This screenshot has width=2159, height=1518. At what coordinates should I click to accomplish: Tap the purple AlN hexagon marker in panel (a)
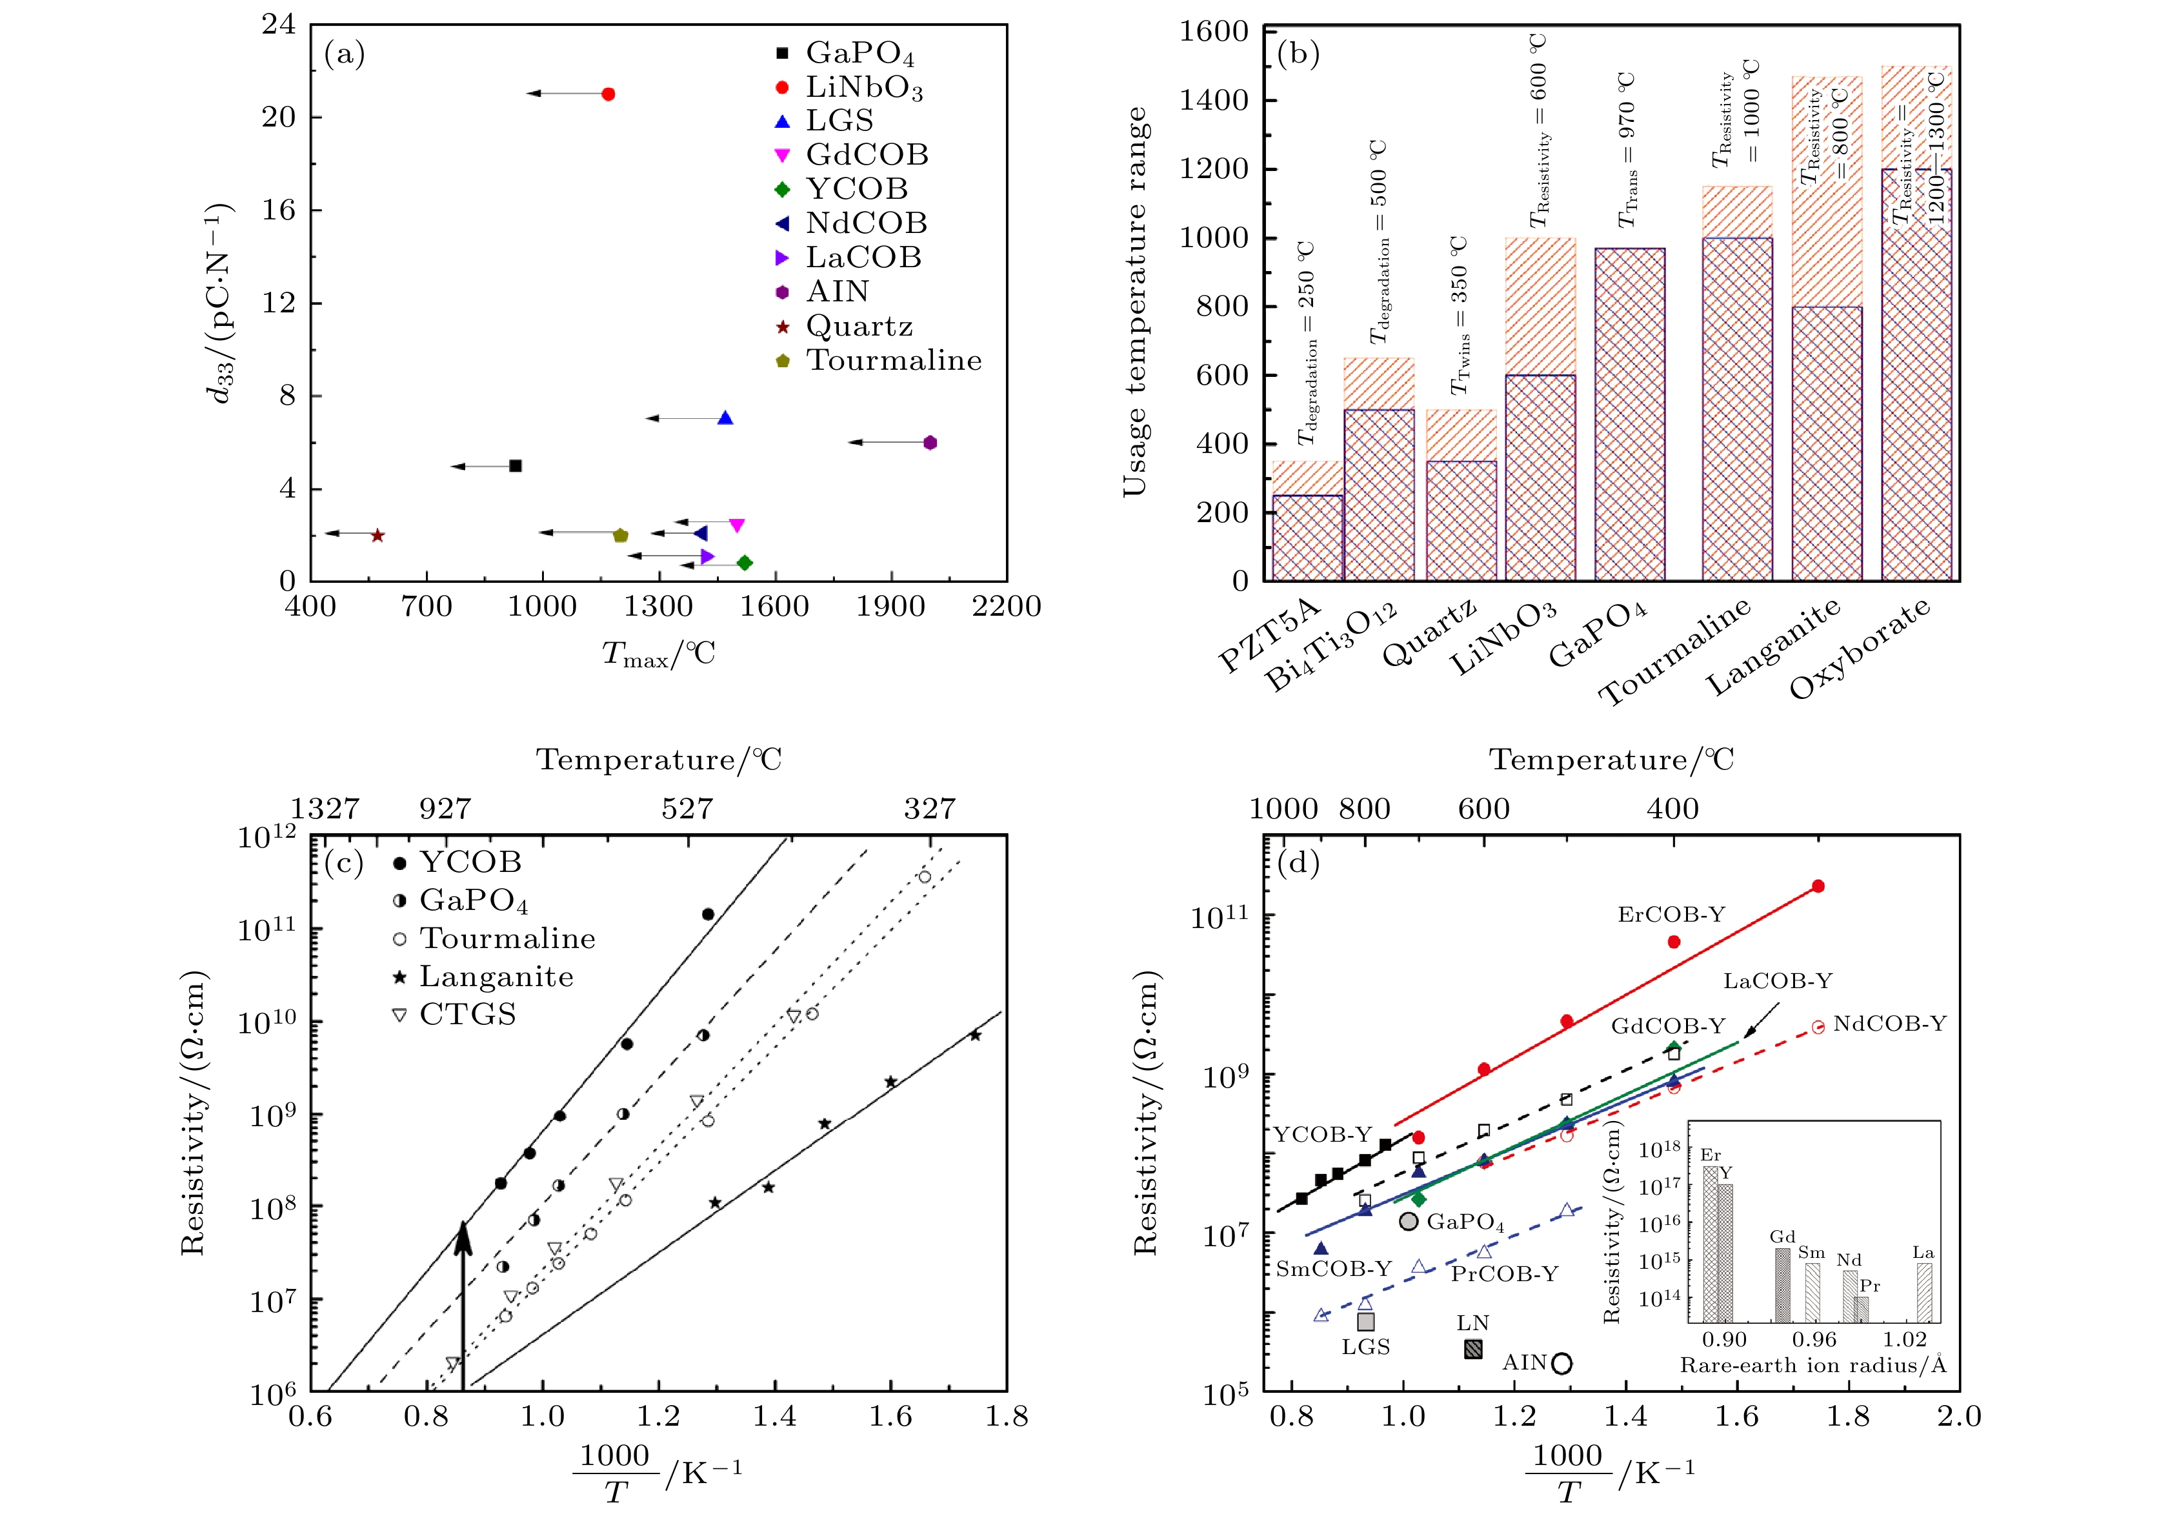[930, 443]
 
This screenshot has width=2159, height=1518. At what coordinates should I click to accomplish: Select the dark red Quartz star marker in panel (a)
[377, 535]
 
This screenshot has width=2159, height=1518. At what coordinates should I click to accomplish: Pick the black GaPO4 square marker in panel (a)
[516, 465]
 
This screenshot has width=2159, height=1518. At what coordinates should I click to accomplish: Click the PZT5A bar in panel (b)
[1307, 536]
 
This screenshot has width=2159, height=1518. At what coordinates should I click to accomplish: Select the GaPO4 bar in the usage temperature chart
[1630, 414]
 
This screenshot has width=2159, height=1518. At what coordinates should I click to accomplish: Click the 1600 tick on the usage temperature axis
[1214, 32]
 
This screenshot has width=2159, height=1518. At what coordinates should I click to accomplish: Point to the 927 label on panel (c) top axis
[445, 809]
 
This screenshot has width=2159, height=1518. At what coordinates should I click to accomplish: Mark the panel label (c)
[344, 862]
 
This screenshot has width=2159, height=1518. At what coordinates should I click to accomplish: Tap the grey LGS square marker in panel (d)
[1365, 1321]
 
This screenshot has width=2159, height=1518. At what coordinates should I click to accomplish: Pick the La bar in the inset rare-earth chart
[1925, 1292]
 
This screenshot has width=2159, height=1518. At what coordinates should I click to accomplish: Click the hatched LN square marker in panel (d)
[1474, 1349]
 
